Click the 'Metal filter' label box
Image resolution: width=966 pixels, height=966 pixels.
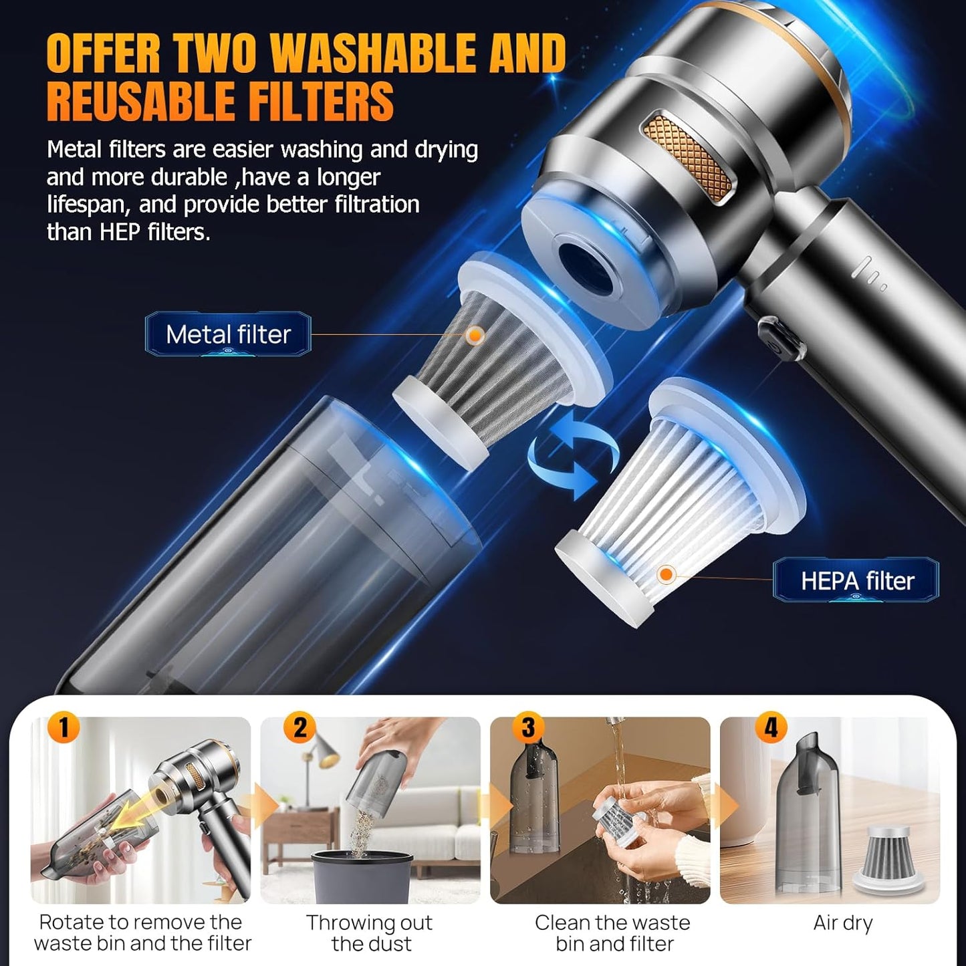tap(228, 334)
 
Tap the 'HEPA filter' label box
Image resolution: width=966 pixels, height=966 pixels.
tap(856, 580)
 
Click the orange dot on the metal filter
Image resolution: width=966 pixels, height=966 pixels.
tap(475, 335)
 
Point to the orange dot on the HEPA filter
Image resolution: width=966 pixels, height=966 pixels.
tap(665, 574)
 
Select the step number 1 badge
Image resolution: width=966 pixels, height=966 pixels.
tap(64, 727)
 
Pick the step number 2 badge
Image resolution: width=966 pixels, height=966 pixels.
tap(299, 727)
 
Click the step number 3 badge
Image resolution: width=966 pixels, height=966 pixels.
tap(528, 727)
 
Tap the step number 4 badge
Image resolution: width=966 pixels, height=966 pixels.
tap(771, 727)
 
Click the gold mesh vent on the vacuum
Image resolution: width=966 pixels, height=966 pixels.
tap(687, 157)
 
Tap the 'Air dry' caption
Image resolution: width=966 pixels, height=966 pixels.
tap(842, 923)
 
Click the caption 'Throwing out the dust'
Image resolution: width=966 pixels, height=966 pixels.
tap(369, 933)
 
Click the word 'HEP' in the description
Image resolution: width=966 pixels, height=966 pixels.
tap(120, 232)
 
